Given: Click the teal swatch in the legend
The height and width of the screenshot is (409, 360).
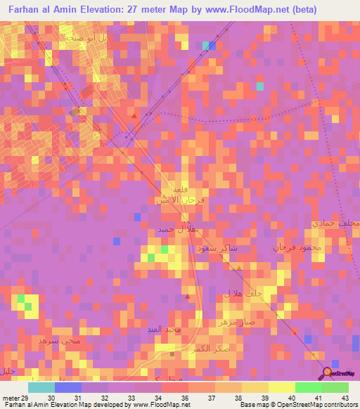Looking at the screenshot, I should point(41,387).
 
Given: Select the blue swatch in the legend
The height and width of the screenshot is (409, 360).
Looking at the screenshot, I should point(68,387).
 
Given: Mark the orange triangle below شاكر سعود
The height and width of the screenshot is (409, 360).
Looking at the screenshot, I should point(238,268).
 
